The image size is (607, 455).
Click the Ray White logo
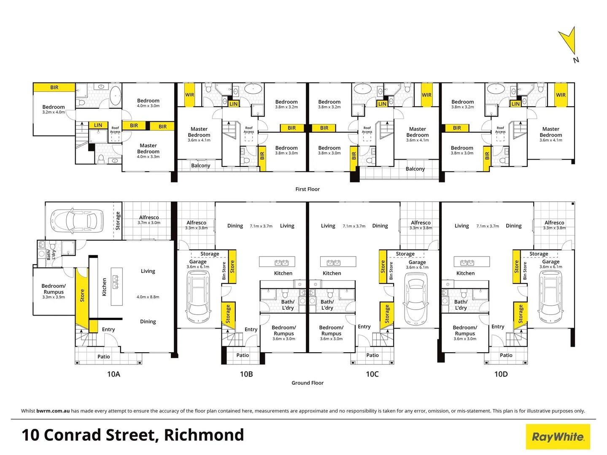tap(558, 437)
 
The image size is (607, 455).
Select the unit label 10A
tap(113, 374)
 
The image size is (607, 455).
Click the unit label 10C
tap(372, 374)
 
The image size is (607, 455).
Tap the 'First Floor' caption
tap(307, 189)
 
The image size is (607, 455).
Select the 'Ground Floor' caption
tap(307, 383)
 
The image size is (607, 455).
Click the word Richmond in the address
tap(204, 435)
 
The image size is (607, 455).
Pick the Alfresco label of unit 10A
tap(149, 217)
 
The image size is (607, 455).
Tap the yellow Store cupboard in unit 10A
tap(82, 295)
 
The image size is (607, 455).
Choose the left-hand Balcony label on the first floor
tap(200, 166)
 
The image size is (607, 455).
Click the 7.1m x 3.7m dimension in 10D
tap(488, 226)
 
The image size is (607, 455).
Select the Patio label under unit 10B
tap(243, 355)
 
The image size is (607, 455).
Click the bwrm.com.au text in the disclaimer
tap(53, 411)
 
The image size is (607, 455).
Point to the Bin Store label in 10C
tap(391, 271)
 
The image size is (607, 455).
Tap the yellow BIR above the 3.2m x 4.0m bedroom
tap(54, 88)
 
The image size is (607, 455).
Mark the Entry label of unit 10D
tap(498, 327)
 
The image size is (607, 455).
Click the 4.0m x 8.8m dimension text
tap(148, 297)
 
